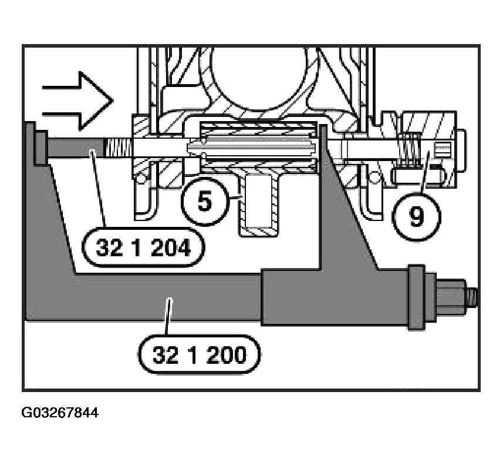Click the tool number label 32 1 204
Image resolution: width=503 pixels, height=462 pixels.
(143, 247)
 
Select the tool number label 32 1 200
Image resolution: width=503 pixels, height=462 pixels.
(199, 355)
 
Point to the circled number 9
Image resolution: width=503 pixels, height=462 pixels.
(417, 216)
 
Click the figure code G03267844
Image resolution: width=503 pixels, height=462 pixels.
(60, 413)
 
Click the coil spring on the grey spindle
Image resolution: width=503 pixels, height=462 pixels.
(119, 148)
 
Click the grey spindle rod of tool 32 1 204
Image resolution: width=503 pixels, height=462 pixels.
(76, 148)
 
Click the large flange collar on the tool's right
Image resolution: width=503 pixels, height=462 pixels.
(416, 297)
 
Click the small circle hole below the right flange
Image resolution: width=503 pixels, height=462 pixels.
(373, 176)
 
